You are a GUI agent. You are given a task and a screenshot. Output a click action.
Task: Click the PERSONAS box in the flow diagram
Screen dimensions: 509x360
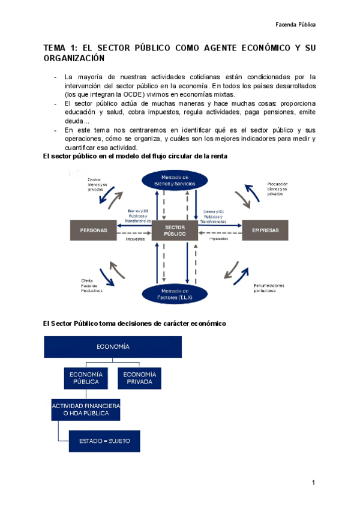[x=93, y=230]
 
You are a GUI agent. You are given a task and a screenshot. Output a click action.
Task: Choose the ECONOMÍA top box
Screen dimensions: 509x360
[x=113, y=347]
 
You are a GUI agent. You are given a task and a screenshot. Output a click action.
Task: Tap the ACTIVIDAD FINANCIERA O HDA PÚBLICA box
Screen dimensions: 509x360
[x=85, y=410]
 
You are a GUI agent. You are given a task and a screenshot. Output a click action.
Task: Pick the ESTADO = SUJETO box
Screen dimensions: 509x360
[x=104, y=441]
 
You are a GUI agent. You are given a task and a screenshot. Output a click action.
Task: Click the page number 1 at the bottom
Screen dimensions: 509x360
[x=313, y=484]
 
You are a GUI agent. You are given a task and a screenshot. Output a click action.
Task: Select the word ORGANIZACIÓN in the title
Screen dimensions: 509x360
[x=74, y=58]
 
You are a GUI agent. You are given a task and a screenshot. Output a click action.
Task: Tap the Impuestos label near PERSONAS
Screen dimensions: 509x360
[x=135, y=239]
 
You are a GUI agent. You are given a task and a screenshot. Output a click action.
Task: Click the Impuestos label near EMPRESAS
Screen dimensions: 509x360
[x=218, y=239]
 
